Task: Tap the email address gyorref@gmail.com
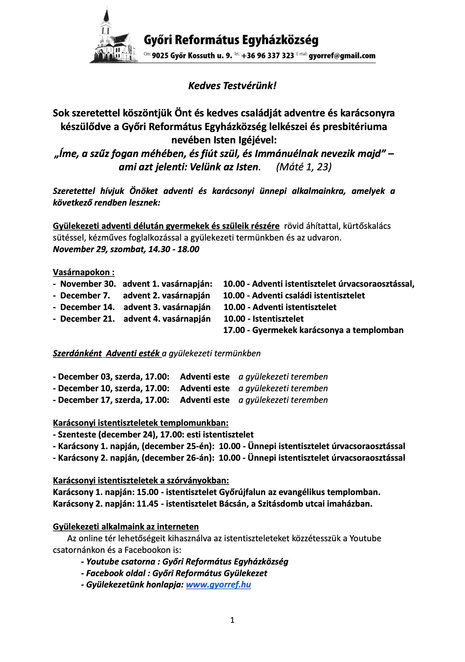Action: [x=342, y=56]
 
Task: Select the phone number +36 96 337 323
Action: [x=267, y=56]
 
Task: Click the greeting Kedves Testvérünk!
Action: [x=232, y=86]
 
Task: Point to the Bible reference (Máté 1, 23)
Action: [x=304, y=167]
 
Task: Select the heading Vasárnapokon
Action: [x=83, y=272]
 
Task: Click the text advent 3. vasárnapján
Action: [x=167, y=307]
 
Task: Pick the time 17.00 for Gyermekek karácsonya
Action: [x=234, y=330]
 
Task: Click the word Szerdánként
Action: [x=77, y=354]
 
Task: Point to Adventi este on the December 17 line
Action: [x=205, y=400]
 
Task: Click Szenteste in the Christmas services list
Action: [x=77, y=435]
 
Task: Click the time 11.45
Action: [x=148, y=504]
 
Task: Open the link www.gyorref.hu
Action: [x=218, y=585]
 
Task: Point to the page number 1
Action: [x=232, y=620]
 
